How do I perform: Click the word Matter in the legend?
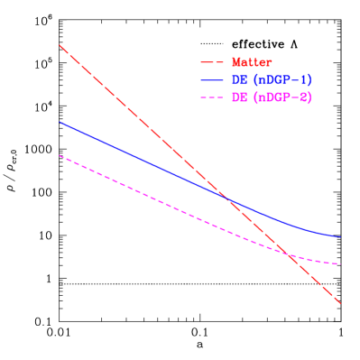(x=252, y=62)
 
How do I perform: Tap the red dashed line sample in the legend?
(x=211, y=62)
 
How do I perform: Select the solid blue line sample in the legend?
(x=211, y=80)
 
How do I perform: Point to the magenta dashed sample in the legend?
(x=211, y=97)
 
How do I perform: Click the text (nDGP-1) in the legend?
(x=282, y=80)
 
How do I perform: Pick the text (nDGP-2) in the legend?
(x=282, y=97)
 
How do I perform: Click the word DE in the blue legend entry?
(x=239, y=80)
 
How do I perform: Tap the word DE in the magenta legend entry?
(x=239, y=97)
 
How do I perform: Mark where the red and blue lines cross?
(x=226, y=198)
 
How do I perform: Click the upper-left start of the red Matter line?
(x=60, y=45)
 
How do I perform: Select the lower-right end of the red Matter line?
(x=341, y=304)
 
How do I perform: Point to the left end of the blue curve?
(x=60, y=122)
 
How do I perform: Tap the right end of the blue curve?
(x=340, y=237)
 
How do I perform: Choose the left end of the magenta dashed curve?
(x=60, y=156)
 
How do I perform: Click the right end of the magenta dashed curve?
(x=340, y=264)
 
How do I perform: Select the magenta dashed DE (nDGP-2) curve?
(x=135, y=189)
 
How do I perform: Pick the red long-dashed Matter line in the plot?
(x=135, y=115)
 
